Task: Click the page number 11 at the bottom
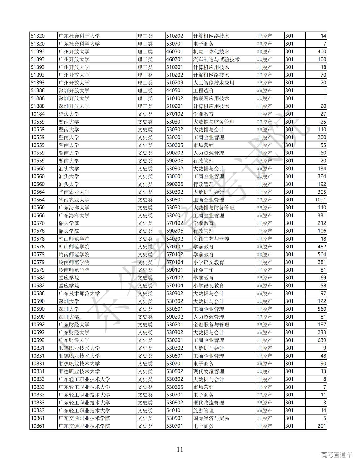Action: tap(180, 449)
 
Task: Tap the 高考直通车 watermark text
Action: tap(336, 455)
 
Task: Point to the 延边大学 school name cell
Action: tap(69, 114)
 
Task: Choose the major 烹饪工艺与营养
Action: tap(211, 239)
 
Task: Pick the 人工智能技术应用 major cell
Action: tap(214, 83)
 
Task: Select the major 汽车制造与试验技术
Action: tap(217, 59)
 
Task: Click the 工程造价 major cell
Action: tap(204, 91)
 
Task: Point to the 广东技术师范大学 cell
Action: tap(79, 294)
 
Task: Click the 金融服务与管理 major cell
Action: tap(211, 325)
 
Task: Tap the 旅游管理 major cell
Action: tap(204, 411)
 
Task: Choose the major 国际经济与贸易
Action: tap(211, 418)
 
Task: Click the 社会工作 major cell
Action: tap(204, 270)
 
